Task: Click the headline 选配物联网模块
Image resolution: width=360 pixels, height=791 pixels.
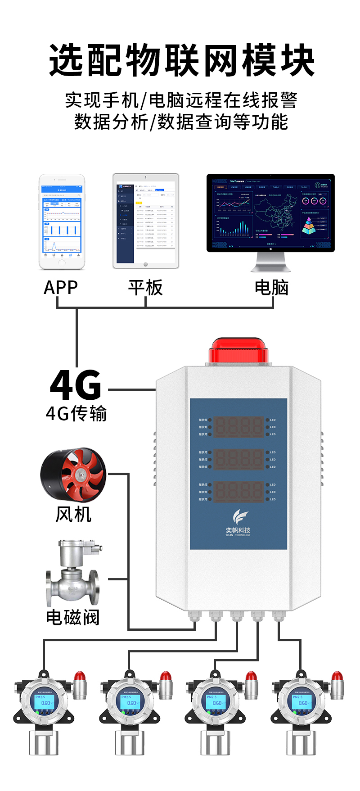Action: tap(181, 60)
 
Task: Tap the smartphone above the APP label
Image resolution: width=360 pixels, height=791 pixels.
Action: tap(62, 221)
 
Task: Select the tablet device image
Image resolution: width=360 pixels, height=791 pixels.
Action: tap(145, 221)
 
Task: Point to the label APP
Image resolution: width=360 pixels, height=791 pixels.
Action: tap(61, 288)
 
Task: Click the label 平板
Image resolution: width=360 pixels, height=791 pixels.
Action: tap(145, 288)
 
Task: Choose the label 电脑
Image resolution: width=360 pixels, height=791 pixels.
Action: tap(271, 288)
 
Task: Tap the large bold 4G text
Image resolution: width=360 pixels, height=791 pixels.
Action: tap(76, 385)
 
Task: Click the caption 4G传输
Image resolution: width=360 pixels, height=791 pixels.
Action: tap(76, 413)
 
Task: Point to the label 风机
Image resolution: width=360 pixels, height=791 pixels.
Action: tap(73, 514)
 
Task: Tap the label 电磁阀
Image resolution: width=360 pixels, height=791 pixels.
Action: tap(73, 617)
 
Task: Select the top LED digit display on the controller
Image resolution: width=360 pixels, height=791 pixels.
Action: tap(238, 427)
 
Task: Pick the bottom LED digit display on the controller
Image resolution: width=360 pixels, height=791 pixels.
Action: tap(238, 492)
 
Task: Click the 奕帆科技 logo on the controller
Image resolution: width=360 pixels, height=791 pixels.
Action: tap(238, 522)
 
